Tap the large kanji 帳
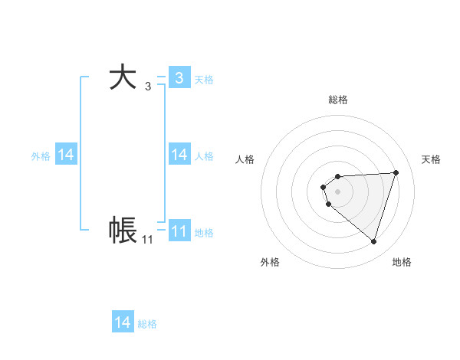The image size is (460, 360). pos(123,231)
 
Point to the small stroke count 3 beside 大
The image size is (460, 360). pos(148,87)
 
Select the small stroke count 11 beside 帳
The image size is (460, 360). pos(147,240)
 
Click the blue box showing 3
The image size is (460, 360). pos(179,78)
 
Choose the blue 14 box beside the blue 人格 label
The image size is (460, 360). pos(179,155)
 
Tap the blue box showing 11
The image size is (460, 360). pos(179,231)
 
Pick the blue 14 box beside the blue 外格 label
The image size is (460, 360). pos(66,155)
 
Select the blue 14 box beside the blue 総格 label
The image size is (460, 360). pos(123,323)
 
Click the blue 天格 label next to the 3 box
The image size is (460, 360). pos(204,79)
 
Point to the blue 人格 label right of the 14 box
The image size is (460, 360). pos(204,155)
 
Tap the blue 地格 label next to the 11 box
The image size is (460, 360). pos(204,232)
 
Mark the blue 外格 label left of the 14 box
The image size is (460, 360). pos(41,155)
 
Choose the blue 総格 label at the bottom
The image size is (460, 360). pos(147,324)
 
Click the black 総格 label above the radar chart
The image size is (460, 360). pos(337,100)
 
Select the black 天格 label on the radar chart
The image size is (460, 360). pos(431,159)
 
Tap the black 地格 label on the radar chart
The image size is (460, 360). pos(402,262)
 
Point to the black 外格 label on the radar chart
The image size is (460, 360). pos(270,262)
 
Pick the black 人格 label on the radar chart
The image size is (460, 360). pos(245,159)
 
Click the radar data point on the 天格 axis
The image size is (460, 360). pos(396,173)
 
